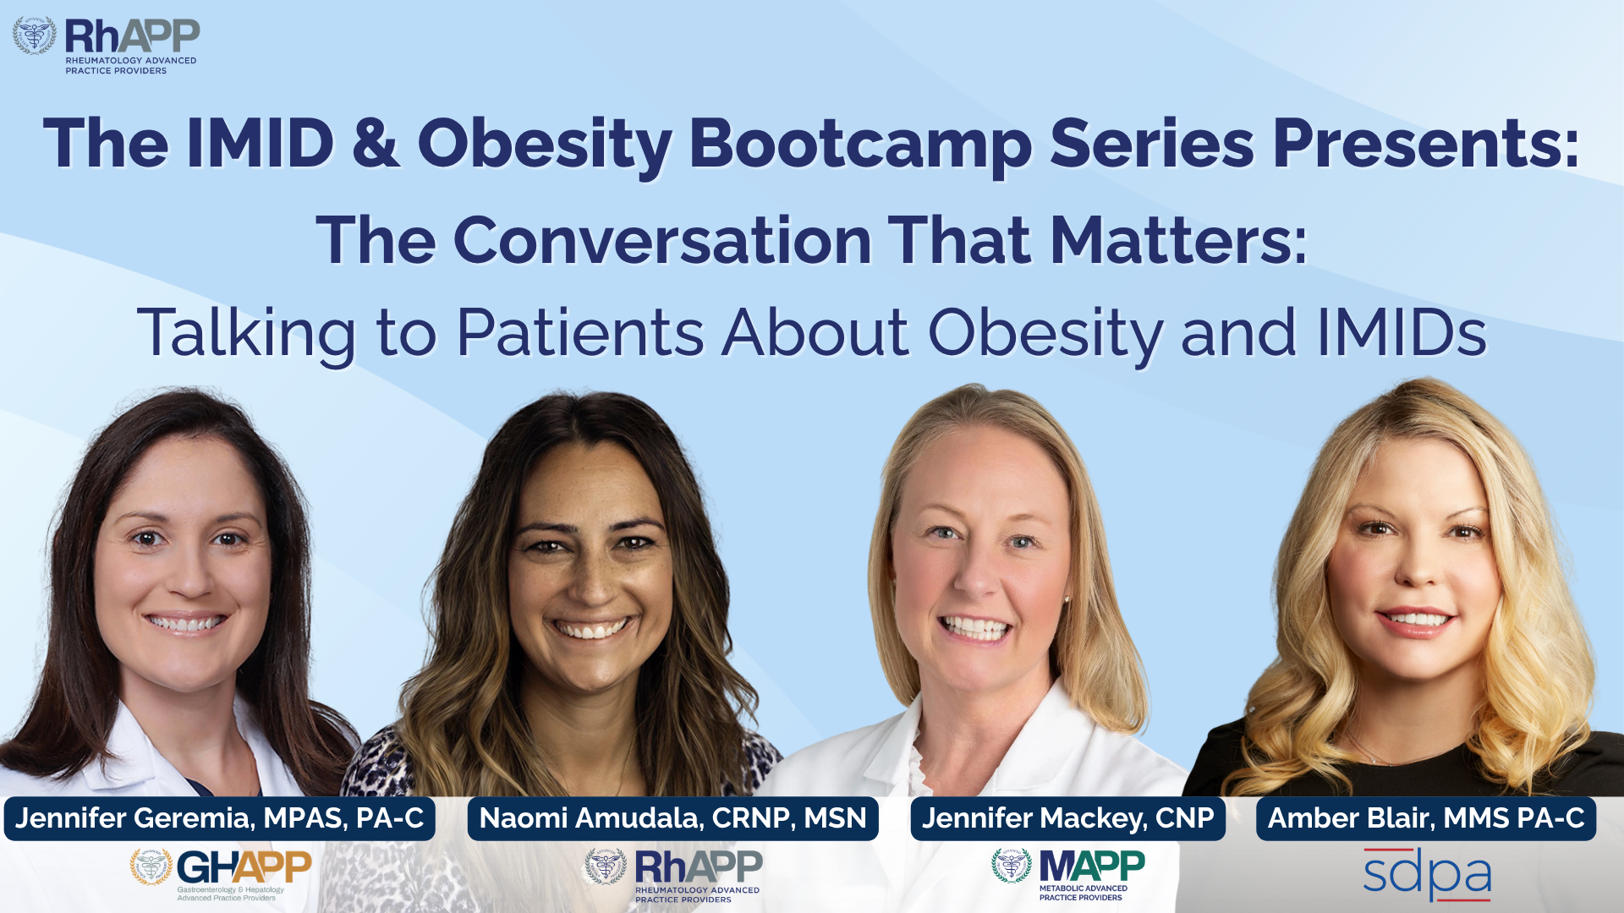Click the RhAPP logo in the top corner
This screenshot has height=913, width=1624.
point(107,46)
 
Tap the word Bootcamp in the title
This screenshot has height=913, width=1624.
point(860,144)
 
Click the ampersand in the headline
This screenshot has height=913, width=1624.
point(376,143)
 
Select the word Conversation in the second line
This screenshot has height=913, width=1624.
point(662,241)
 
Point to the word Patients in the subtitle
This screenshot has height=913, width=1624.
point(580,332)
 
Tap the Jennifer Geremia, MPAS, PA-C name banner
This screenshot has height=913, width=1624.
point(220,818)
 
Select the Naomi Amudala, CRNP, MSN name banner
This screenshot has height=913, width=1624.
point(673,818)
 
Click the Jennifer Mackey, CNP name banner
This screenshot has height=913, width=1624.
point(1067,818)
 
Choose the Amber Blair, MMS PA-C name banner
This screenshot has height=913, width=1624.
point(1426,818)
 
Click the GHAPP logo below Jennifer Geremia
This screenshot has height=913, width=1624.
point(221,875)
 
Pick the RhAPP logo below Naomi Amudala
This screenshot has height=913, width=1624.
point(673,876)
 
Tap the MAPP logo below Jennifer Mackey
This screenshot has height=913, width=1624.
point(1068,874)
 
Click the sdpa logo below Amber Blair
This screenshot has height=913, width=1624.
point(1427,874)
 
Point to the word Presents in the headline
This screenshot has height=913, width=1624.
point(1426,144)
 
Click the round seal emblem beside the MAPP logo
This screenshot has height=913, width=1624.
point(1012,866)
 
